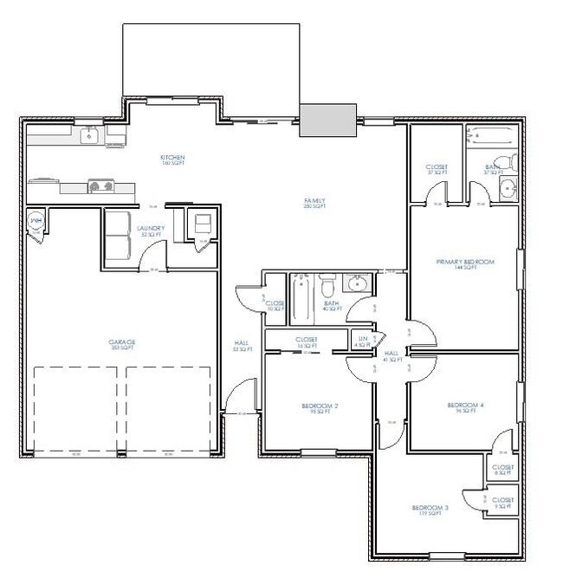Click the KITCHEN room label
coord(172,159)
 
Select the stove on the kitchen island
coord(102,185)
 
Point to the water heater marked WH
coord(37,222)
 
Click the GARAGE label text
coord(121,342)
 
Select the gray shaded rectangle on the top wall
coord(328,120)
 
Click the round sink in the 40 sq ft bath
coord(356,283)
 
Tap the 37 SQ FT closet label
coord(437,168)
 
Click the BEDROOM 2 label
coord(320,406)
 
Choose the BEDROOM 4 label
coord(465,406)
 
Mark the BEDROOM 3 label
coord(430,509)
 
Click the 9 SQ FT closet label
coord(503,502)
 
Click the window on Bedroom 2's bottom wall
coord(319,451)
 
